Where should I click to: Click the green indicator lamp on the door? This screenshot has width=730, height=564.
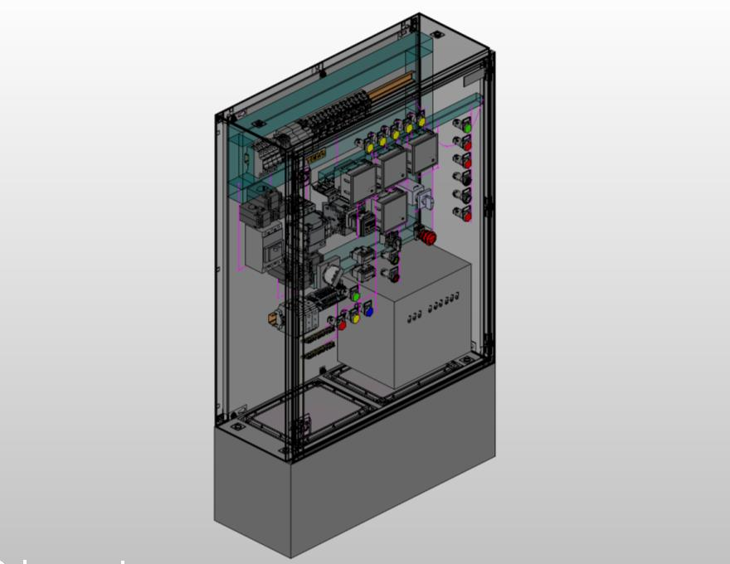coord(467,128)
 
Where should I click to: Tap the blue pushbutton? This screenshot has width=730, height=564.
coord(369,312)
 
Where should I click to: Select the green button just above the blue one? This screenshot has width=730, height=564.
coord(355,295)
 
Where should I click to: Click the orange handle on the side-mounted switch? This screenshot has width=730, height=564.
coord(272,317)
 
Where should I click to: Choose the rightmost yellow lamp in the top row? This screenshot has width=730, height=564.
coord(421,123)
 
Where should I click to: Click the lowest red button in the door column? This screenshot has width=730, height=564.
coord(467,216)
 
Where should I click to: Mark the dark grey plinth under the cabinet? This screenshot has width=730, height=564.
coord(348,489)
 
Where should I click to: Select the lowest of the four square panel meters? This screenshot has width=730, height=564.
coord(391,211)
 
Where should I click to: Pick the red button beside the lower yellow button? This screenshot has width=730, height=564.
coord(342,325)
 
